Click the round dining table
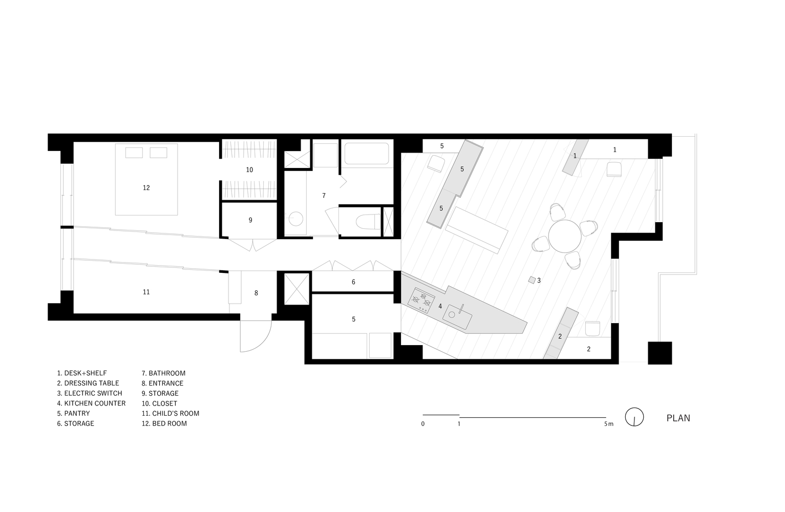(x=565, y=236)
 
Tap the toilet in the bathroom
(x=368, y=222)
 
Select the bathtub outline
(x=367, y=154)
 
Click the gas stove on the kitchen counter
(x=421, y=301)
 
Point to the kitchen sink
(x=457, y=316)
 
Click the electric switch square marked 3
(x=532, y=280)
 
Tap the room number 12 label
(x=146, y=188)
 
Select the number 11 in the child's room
(x=146, y=292)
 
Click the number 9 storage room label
(x=250, y=220)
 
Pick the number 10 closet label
(x=249, y=170)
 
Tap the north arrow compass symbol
(x=634, y=417)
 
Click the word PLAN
(x=678, y=418)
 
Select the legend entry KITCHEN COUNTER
(x=91, y=403)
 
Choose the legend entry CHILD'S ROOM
(x=171, y=414)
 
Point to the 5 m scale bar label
(x=609, y=424)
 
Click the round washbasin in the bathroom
(x=295, y=219)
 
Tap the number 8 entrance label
(x=256, y=293)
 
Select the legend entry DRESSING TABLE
(x=88, y=383)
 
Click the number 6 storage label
(x=353, y=282)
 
